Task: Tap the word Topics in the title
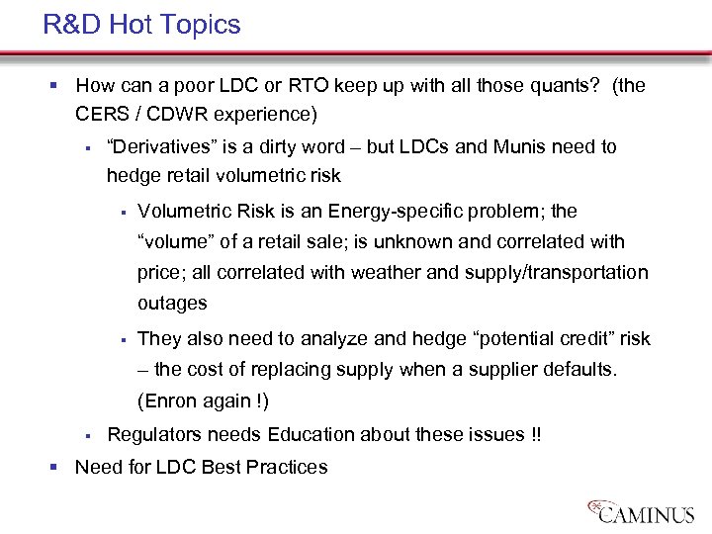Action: click(x=201, y=25)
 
